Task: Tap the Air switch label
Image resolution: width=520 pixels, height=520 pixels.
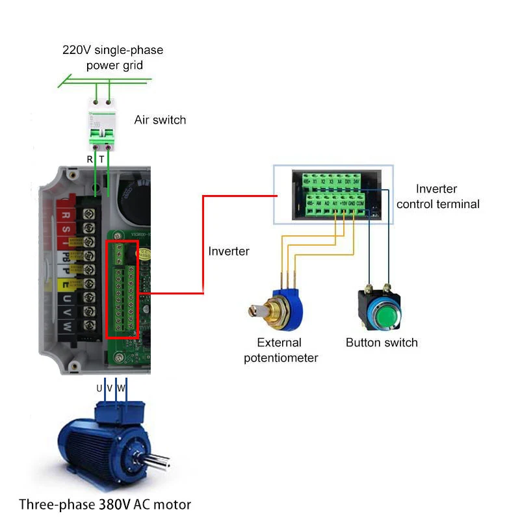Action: (x=160, y=120)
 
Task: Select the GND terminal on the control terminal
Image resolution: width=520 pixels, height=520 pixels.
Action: (x=352, y=203)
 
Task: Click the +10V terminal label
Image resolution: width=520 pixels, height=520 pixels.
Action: (x=343, y=203)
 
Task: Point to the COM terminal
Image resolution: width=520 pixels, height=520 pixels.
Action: (x=360, y=203)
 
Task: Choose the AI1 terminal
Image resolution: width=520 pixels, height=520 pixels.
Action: (x=335, y=203)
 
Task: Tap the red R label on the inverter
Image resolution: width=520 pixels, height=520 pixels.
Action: (x=66, y=214)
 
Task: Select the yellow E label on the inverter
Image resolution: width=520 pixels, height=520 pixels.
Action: (x=66, y=284)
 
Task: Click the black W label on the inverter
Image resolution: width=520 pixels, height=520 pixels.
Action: (x=66, y=328)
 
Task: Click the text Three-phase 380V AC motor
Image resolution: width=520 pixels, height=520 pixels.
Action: (x=105, y=504)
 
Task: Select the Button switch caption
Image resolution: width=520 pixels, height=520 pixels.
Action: (x=382, y=343)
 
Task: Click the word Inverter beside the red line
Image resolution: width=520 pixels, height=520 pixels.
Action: (x=229, y=251)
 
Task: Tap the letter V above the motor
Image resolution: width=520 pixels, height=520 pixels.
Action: (x=109, y=388)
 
